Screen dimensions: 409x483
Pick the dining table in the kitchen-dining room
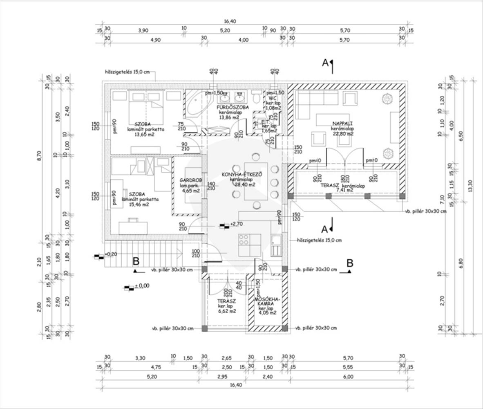(255, 181)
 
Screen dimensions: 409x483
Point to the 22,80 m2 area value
(343, 134)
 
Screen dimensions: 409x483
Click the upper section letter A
(325, 62)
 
